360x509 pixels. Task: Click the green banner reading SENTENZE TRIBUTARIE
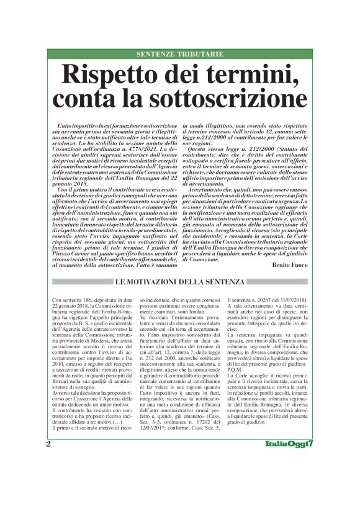point(179,54)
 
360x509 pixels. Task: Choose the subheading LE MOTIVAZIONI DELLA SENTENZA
point(179,284)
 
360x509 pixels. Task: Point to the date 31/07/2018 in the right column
point(290,300)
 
